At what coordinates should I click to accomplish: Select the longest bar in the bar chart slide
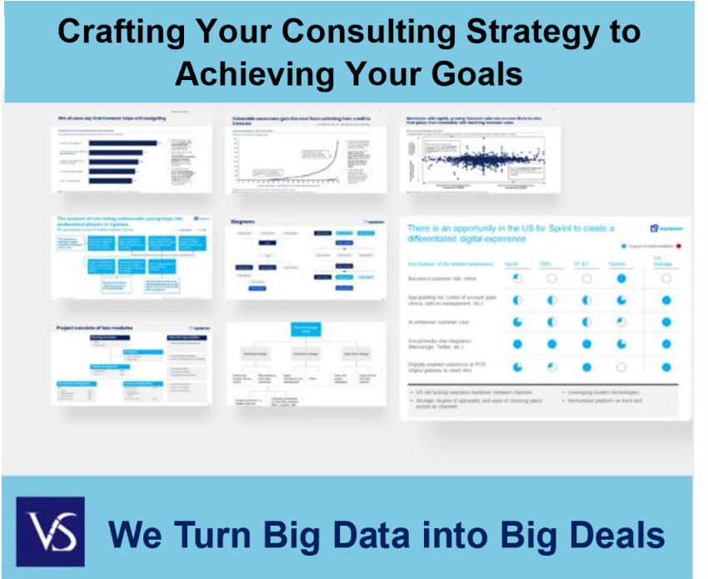tap(122, 142)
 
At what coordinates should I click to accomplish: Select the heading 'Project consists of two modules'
tap(95, 328)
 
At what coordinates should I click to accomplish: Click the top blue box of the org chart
tap(306, 330)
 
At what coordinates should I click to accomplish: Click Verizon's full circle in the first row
tap(621, 279)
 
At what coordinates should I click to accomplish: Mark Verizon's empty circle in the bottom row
tap(621, 366)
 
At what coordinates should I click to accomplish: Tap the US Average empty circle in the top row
tap(666, 279)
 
